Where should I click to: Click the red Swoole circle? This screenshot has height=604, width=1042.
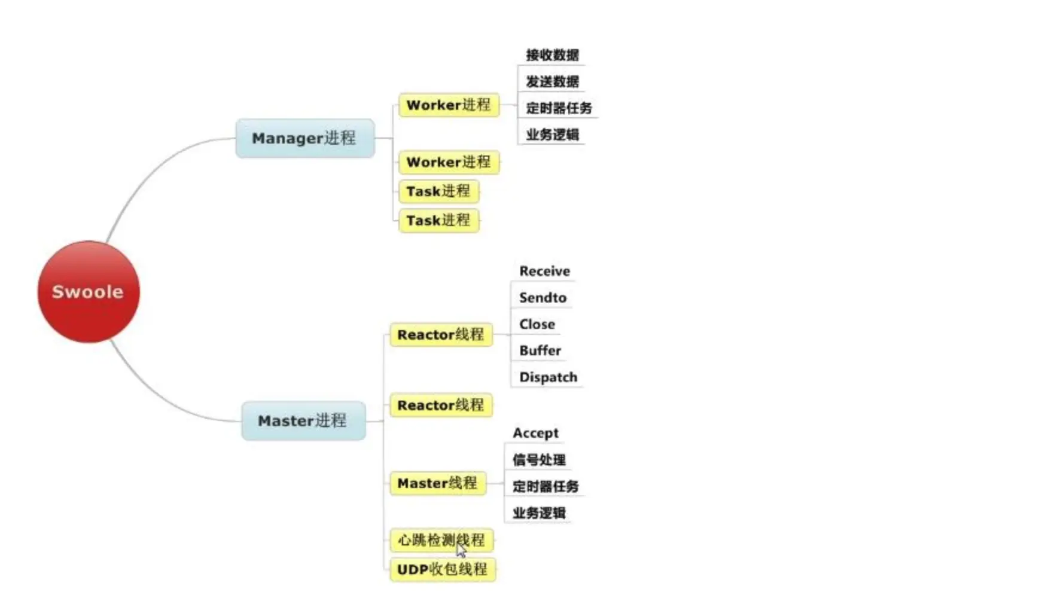coord(89,292)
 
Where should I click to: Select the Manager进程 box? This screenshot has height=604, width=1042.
coord(305,138)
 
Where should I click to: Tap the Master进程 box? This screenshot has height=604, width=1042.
coord(303,420)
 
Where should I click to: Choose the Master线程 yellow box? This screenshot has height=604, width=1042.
coord(437,483)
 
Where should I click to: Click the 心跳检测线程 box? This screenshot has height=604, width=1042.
coord(441,541)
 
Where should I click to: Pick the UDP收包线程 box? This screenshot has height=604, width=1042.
coord(442,569)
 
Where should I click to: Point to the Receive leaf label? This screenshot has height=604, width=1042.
coord(544,271)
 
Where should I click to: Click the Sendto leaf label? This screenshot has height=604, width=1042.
coord(543,297)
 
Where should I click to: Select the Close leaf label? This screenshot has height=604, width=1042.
coord(537,324)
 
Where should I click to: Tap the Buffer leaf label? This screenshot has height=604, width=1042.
coord(540,350)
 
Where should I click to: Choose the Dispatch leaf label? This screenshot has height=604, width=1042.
coord(548,377)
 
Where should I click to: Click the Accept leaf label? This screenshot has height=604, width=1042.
coord(535,433)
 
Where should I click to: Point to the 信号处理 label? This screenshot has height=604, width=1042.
coord(539,460)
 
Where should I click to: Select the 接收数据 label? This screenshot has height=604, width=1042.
coord(552,55)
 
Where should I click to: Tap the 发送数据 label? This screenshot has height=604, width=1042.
coord(552,81)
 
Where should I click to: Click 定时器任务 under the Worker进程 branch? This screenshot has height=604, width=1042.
coord(559,108)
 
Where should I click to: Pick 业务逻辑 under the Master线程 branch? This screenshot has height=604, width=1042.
coord(539,513)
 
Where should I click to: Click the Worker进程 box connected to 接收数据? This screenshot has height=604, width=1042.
coord(449,105)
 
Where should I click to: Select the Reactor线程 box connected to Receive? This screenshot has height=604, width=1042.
coord(441,335)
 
